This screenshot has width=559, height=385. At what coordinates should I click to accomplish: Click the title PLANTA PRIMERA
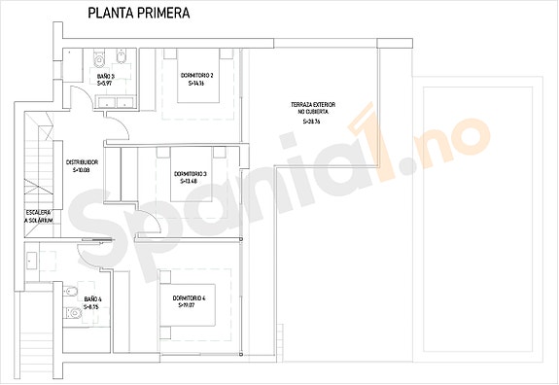click(138, 14)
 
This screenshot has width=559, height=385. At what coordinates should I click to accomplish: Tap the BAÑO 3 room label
click(106, 76)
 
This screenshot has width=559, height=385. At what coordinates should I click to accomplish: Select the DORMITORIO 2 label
click(196, 75)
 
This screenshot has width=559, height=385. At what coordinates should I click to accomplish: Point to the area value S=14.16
click(196, 84)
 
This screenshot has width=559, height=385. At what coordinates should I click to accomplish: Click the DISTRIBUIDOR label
click(82, 162)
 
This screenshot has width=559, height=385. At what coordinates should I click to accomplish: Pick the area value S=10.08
click(82, 170)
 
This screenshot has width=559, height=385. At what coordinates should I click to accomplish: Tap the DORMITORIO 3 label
click(191, 174)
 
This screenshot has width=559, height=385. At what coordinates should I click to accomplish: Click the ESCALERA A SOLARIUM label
click(39, 217)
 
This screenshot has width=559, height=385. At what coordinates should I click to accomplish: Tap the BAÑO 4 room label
click(92, 299)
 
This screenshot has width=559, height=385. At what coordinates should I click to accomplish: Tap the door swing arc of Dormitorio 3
click(142, 220)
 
